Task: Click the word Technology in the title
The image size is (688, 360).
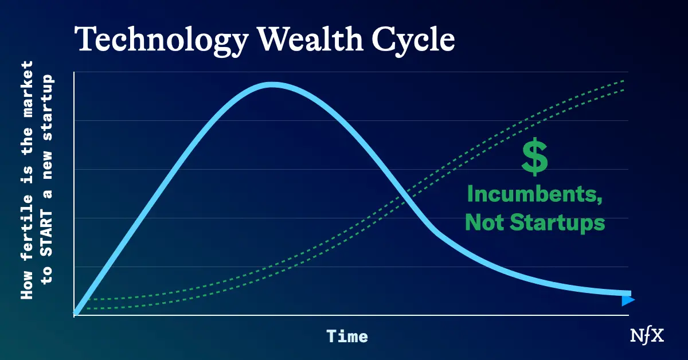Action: (x=161, y=41)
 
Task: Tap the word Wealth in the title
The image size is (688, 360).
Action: (x=310, y=39)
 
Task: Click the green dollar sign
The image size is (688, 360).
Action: (x=535, y=156)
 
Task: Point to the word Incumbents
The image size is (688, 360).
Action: (x=535, y=194)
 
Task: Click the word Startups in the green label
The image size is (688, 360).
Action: (x=557, y=222)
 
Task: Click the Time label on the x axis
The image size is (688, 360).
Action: (x=347, y=336)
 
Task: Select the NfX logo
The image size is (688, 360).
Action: (x=647, y=336)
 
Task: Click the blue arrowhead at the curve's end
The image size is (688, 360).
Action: (x=628, y=300)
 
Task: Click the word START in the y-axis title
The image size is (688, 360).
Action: (x=46, y=233)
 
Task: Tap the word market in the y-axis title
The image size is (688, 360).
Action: (x=27, y=89)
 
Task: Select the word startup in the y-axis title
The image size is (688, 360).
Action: (x=46, y=107)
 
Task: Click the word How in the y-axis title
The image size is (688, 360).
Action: (x=27, y=285)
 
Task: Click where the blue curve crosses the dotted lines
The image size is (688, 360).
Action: (x=402, y=195)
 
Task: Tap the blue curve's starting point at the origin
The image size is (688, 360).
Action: (x=76, y=313)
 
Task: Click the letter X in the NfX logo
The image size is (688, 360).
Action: (x=657, y=336)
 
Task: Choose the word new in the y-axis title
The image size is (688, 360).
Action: (x=46, y=164)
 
